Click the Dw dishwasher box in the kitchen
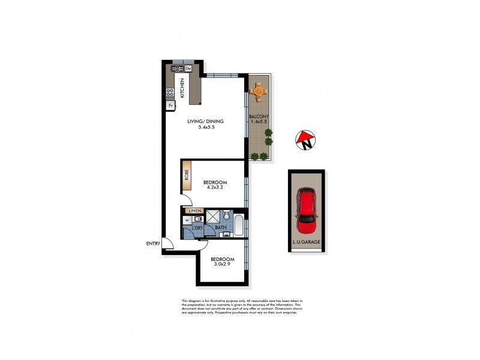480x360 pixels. [188, 68]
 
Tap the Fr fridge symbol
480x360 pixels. [170, 106]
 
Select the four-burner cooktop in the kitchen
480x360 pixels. [170, 92]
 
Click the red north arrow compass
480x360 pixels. [305, 140]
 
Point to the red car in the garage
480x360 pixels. [306, 212]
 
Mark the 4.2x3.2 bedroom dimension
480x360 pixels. [215, 187]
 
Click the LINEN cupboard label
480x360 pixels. [194, 211]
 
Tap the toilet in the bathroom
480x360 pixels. [227, 215]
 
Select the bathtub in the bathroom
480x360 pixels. [238, 226]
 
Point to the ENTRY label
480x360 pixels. [153, 243]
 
